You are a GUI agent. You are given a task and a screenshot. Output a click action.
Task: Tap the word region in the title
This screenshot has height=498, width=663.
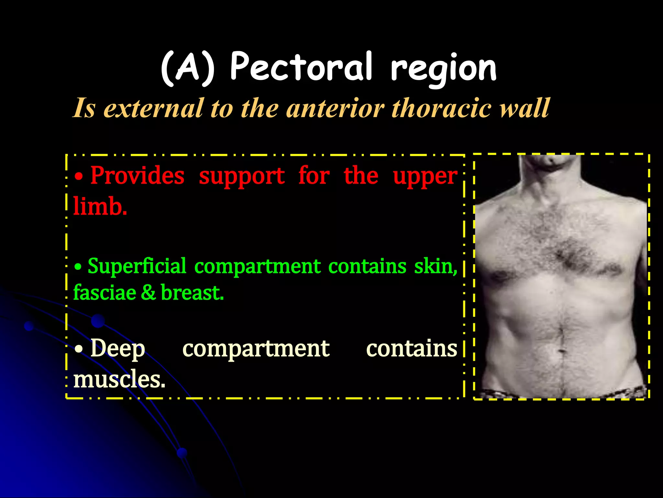(443, 69)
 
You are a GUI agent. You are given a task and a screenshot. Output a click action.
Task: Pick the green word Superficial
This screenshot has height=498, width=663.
(137, 266)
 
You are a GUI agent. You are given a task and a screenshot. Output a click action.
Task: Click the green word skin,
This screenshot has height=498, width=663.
(436, 266)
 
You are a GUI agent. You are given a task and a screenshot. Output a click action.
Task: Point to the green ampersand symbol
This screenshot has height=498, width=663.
(148, 292)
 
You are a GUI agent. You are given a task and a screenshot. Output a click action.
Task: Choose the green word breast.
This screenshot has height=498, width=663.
(192, 292)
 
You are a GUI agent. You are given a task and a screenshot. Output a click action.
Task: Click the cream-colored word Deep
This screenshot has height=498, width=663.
(118, 349)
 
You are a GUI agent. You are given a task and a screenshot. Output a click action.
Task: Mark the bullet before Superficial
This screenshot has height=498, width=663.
(78, 267)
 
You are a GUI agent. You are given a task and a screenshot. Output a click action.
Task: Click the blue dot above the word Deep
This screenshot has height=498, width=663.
(98, 321)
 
